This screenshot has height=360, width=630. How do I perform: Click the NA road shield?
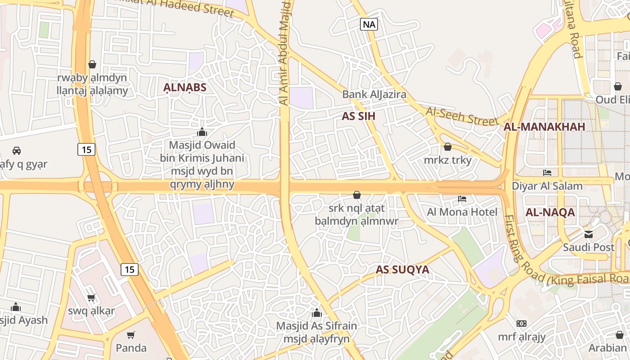(x=369, y=24)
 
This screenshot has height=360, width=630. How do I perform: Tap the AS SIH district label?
(x=359, y=116)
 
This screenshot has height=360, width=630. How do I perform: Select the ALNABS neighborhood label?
(x=184, y=88)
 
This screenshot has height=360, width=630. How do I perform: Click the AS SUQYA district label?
(x=402, y=270)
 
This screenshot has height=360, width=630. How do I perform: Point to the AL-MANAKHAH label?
(x=544, y=127)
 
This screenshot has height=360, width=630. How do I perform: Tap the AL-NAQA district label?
(x=550, y=212)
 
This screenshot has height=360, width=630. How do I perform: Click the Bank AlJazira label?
(x=374, y=94)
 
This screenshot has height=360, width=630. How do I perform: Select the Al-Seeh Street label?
(x=462, y=116)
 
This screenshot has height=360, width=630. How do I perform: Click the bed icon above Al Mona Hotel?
(x=462, y=199)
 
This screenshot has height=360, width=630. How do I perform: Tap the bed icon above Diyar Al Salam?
(x=547, y=173)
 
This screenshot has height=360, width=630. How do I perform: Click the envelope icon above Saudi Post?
(x=589, y=234)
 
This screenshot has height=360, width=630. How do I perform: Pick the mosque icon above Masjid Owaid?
(x=202, y=132)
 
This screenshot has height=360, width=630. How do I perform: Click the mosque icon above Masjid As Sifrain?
(x=316, y=313)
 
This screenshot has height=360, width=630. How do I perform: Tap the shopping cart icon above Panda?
(x=131, y=335)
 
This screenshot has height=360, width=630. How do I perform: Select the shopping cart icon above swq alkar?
(x=91, y=297)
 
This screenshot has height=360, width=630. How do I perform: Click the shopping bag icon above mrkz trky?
(x=447, y=147)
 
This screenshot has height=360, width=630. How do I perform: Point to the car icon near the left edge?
(x=17, y=150)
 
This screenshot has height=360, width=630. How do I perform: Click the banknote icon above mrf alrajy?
(x=522, y=323)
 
